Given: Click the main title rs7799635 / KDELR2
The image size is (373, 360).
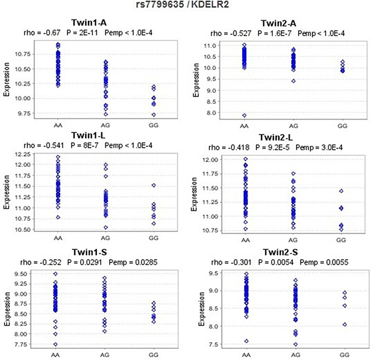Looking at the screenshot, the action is click(183, 4).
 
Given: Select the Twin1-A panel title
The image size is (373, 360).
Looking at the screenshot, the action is click(89, 23).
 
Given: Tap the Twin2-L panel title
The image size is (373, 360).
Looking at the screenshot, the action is click(276, 137).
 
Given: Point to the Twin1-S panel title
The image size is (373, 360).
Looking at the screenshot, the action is click(90, 252).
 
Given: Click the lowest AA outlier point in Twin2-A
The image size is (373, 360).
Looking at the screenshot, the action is click(244, 116).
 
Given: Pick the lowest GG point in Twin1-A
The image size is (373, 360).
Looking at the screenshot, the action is click(154, 115).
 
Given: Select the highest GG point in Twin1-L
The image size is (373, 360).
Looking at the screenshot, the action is click(154, 185).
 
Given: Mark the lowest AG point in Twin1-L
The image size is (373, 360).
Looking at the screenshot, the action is click(106, 228).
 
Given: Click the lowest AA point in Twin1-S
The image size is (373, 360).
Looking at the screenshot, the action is click(56, 344).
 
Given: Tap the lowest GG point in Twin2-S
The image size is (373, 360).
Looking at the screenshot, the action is click(345, 324).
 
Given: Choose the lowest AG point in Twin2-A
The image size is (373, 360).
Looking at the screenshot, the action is click(293, 81).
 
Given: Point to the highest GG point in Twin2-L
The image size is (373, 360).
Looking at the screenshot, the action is click(341, 191).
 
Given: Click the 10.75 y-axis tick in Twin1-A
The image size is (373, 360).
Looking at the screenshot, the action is click(23, 54).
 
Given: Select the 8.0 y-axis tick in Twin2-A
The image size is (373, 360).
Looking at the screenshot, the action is click(211, 113).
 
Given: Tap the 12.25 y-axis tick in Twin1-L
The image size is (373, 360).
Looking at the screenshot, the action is click(23, 154).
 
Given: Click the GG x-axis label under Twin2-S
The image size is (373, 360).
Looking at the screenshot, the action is click(345, 355).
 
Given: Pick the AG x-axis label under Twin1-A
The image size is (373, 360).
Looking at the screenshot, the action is click(105, 125).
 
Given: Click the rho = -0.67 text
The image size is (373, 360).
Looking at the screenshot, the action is click(42, 33).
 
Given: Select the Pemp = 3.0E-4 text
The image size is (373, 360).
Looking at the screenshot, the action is click(319, 147).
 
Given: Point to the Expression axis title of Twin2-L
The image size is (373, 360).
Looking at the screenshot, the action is click(194, 194).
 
